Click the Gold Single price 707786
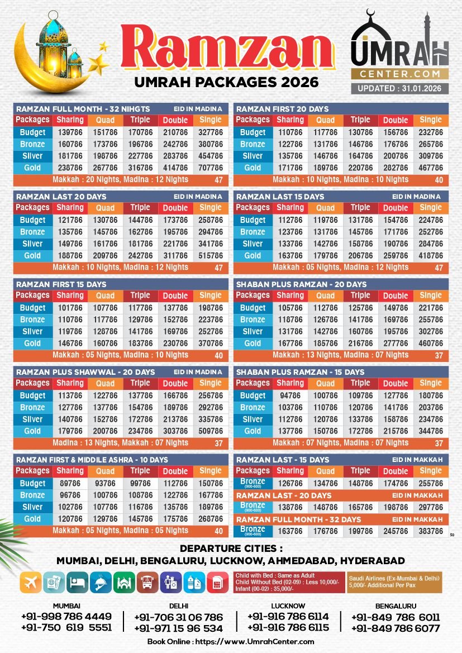pos(211,168)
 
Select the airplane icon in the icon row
pos(31,582)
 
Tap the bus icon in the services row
pos(147,582)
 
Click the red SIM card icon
pos(217,582)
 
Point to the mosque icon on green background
pos(124,582)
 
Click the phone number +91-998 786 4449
pos(66,617)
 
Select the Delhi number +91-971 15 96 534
pos(179,628)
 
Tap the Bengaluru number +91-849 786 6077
pos(396,628)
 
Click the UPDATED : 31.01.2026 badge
pos(399,88)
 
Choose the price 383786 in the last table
pos(431,531)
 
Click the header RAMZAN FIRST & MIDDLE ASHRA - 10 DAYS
pos(92,459)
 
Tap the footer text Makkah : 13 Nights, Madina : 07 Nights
pos(340,355)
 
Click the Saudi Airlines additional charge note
pos(393,582)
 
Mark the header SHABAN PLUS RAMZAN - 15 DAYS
pos(301,372)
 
